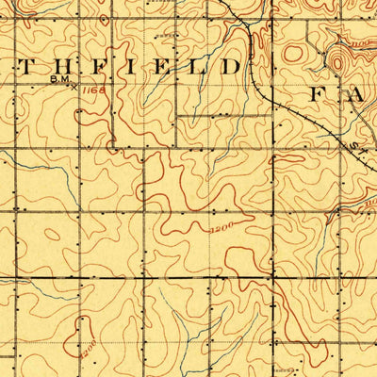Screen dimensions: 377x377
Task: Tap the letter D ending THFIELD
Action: point(229,68)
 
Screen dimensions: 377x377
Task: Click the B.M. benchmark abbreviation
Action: point(57,82)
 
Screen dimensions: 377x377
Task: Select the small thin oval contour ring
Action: point(170,34)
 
